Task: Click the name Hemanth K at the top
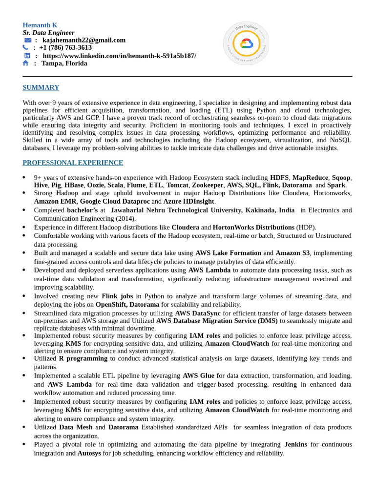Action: pos(40,25)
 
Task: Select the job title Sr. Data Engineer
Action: pos(48,33)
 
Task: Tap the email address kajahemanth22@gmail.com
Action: pos(84,40)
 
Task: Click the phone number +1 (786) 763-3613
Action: pos(65,48)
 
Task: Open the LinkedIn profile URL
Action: pos(120,56)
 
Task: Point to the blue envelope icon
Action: pos(28,40)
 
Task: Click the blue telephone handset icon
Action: pos(25,48)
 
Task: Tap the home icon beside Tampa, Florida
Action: pos(25,63)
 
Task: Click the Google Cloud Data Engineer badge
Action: pos(246,43)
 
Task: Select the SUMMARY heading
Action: pos(41,87)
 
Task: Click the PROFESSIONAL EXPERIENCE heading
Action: pos(73,163)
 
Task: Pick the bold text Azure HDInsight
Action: pos(189,201)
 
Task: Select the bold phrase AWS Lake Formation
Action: pos(228,253)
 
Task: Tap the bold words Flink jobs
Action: pos(117,296)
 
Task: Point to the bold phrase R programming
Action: pos(83,358)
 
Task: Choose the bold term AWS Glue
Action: pos(198,375)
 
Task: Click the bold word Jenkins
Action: pos(295,444)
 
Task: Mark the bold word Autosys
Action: pos(89,453)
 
